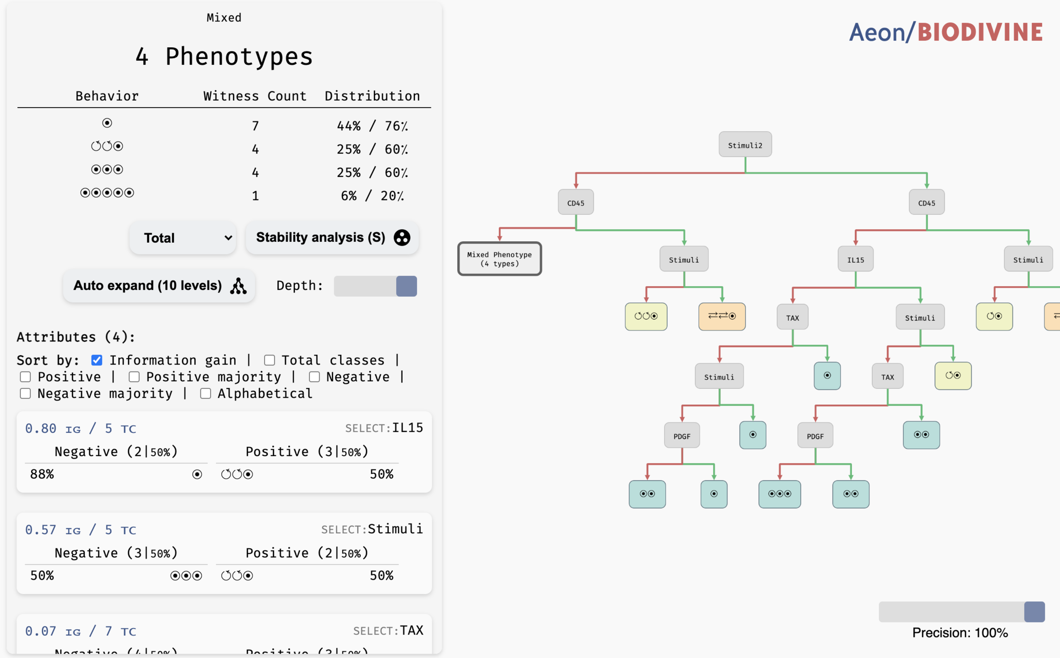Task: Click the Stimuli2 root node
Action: coord(745,145)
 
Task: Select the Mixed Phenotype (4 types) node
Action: coord(499,259)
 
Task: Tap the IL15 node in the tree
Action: coord(855,259)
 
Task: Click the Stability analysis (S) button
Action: coord(332,237)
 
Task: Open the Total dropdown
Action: coord(183,238)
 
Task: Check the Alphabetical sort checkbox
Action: coord(206,393)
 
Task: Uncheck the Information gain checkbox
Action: coord(97,360)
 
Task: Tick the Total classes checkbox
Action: coord(270,360)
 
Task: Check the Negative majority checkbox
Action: coord(25,393)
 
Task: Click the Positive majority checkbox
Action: coord(134,377)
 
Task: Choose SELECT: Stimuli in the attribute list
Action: coord(372,529)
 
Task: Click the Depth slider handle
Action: coord(406,286)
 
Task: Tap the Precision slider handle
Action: coord(1034,612)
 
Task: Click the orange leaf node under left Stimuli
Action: coord(722,316)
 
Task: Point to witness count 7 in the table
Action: coord(255,126)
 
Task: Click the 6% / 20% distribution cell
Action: coord(372,196)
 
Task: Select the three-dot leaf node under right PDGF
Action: coord(779,494)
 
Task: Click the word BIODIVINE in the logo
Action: coord(980,32)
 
